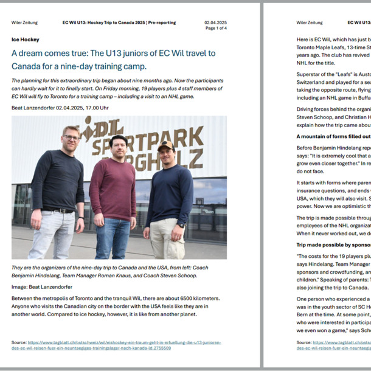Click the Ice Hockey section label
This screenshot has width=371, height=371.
[x=25, y=40]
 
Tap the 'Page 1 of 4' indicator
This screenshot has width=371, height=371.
[x=216, y=28]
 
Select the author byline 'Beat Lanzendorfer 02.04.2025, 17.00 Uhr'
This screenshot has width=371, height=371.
[x=60, y=108]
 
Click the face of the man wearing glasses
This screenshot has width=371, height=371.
[x=71, y=137]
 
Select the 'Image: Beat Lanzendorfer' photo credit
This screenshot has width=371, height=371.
[x=41, y=286]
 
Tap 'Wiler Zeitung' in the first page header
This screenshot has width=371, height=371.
[x=24, y=23]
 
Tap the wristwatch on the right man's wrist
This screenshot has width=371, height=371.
[x=181, y=225]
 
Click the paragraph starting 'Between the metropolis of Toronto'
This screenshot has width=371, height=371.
[x=116, y=308]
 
